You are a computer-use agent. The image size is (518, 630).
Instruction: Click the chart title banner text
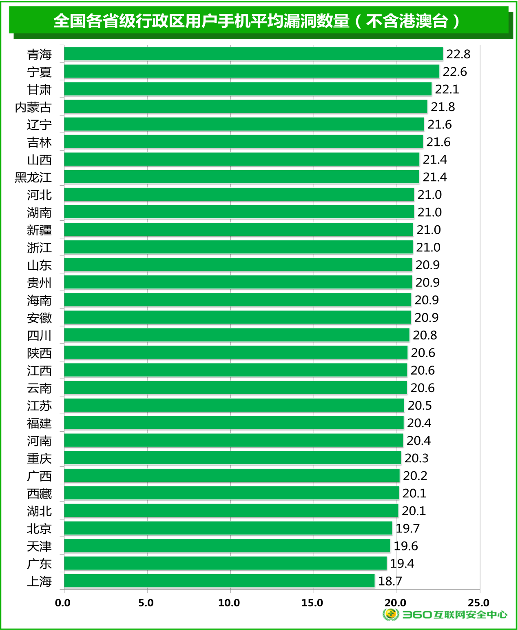point(257,21)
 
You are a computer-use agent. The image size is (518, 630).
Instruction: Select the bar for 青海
point(253,54)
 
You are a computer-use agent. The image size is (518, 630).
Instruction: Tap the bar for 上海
point(219,581)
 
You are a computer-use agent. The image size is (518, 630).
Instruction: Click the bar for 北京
point(228,528)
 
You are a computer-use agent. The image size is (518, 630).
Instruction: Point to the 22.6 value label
point(455,72)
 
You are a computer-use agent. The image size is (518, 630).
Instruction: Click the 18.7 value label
point(390,581)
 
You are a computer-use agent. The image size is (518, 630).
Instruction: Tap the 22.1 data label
point(447,89)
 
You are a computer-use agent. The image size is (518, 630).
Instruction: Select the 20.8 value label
point(425,335)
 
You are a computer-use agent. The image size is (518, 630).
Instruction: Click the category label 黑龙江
point(33,177)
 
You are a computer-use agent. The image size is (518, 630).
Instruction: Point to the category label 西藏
point(40,494)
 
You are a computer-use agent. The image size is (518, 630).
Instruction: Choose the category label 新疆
point(40,230)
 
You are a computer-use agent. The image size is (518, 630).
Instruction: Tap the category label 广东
point(40,564)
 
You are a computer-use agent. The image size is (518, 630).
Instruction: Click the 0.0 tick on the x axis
point(63,603)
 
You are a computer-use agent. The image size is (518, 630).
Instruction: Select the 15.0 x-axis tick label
point(312,603)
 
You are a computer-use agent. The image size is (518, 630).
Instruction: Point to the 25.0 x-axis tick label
point(479,603)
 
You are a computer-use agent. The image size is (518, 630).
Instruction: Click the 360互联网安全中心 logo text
point(455,614)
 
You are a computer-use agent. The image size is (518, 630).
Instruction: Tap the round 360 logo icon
point(390,614)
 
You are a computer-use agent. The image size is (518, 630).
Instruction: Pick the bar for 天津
point(227,546)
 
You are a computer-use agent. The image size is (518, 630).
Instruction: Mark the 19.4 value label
point(402,563)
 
